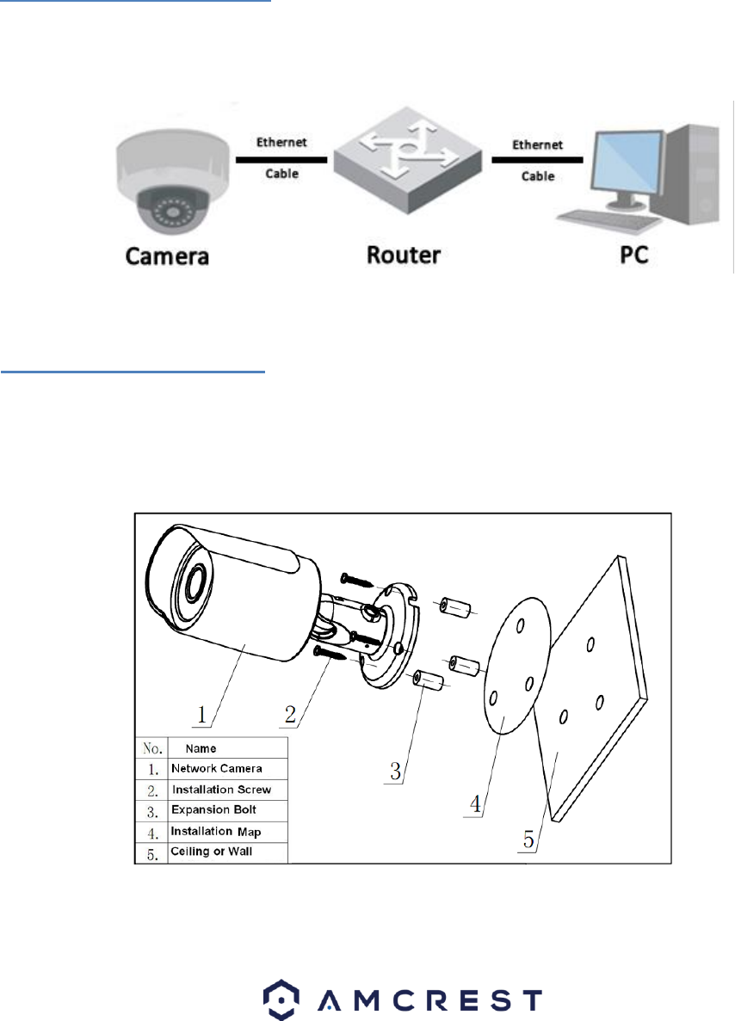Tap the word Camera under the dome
[x=167, y=256]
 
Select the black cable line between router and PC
[x=535, y=160]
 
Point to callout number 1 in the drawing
[x=204, y=714]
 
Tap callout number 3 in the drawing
[x=395, y=769]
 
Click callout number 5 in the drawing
[x=528, y=835]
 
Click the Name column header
[x=201, y=748]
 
